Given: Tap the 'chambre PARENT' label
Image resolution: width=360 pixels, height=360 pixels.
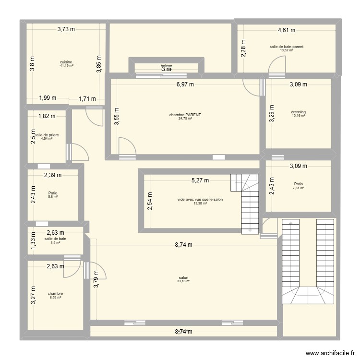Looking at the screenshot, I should point(185,115).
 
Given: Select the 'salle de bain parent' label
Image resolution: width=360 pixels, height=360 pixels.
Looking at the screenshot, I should point(286,47).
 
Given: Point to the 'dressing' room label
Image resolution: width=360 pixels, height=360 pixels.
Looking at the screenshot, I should point(298,112).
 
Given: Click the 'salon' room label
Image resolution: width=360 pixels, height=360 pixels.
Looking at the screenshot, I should point(183,277).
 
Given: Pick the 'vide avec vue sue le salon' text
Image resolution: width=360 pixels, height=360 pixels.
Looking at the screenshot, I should point(200,199).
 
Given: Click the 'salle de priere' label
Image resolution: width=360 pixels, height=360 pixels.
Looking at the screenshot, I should point(47,135).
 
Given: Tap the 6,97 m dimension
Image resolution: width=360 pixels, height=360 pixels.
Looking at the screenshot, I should point(185,84).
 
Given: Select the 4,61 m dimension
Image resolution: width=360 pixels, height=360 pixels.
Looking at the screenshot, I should point(287,30).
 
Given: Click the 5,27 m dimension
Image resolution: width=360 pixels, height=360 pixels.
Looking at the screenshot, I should point(200,181).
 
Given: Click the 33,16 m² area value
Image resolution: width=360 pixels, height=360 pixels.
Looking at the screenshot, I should point(183,281).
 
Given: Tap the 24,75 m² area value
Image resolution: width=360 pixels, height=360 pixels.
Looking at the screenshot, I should point(185,119).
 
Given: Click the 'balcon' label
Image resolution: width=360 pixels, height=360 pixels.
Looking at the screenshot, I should point(166,66).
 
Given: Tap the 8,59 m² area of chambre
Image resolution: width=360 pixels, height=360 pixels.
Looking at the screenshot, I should point(55,298).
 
